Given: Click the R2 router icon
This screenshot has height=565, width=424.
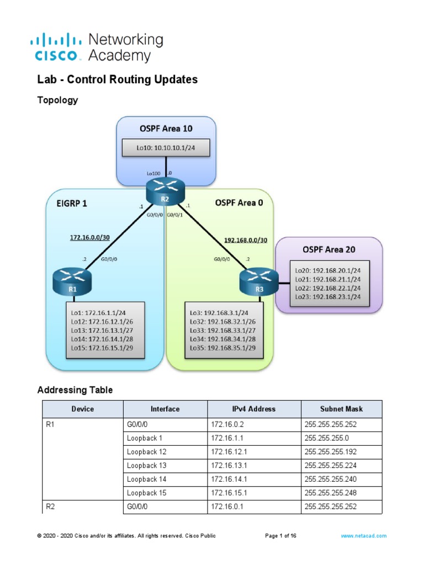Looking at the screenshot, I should (x=165, y=192).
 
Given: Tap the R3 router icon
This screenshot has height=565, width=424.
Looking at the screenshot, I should (x=259, y=281).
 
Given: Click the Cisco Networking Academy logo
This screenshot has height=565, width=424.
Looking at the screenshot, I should (x=100, y=47).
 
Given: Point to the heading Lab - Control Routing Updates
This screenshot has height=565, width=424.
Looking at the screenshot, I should (x=117, y=79).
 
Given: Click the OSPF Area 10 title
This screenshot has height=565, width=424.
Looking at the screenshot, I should (x=166, y=129).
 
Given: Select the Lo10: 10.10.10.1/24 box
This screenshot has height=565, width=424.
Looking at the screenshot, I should (x=166, y=148).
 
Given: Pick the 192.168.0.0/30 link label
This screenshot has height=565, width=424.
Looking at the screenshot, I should (x=246, y=240).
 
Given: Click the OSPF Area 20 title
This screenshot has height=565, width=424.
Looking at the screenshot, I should (x=328, y=249).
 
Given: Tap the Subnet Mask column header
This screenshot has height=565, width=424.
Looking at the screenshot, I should (x=341, y=409).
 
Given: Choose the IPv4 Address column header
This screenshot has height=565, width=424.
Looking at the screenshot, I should (x=254, y=409).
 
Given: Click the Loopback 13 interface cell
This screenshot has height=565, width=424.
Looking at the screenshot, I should (x=146, y=465).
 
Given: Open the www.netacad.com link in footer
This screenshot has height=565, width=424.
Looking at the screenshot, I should (x=363, y=536).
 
